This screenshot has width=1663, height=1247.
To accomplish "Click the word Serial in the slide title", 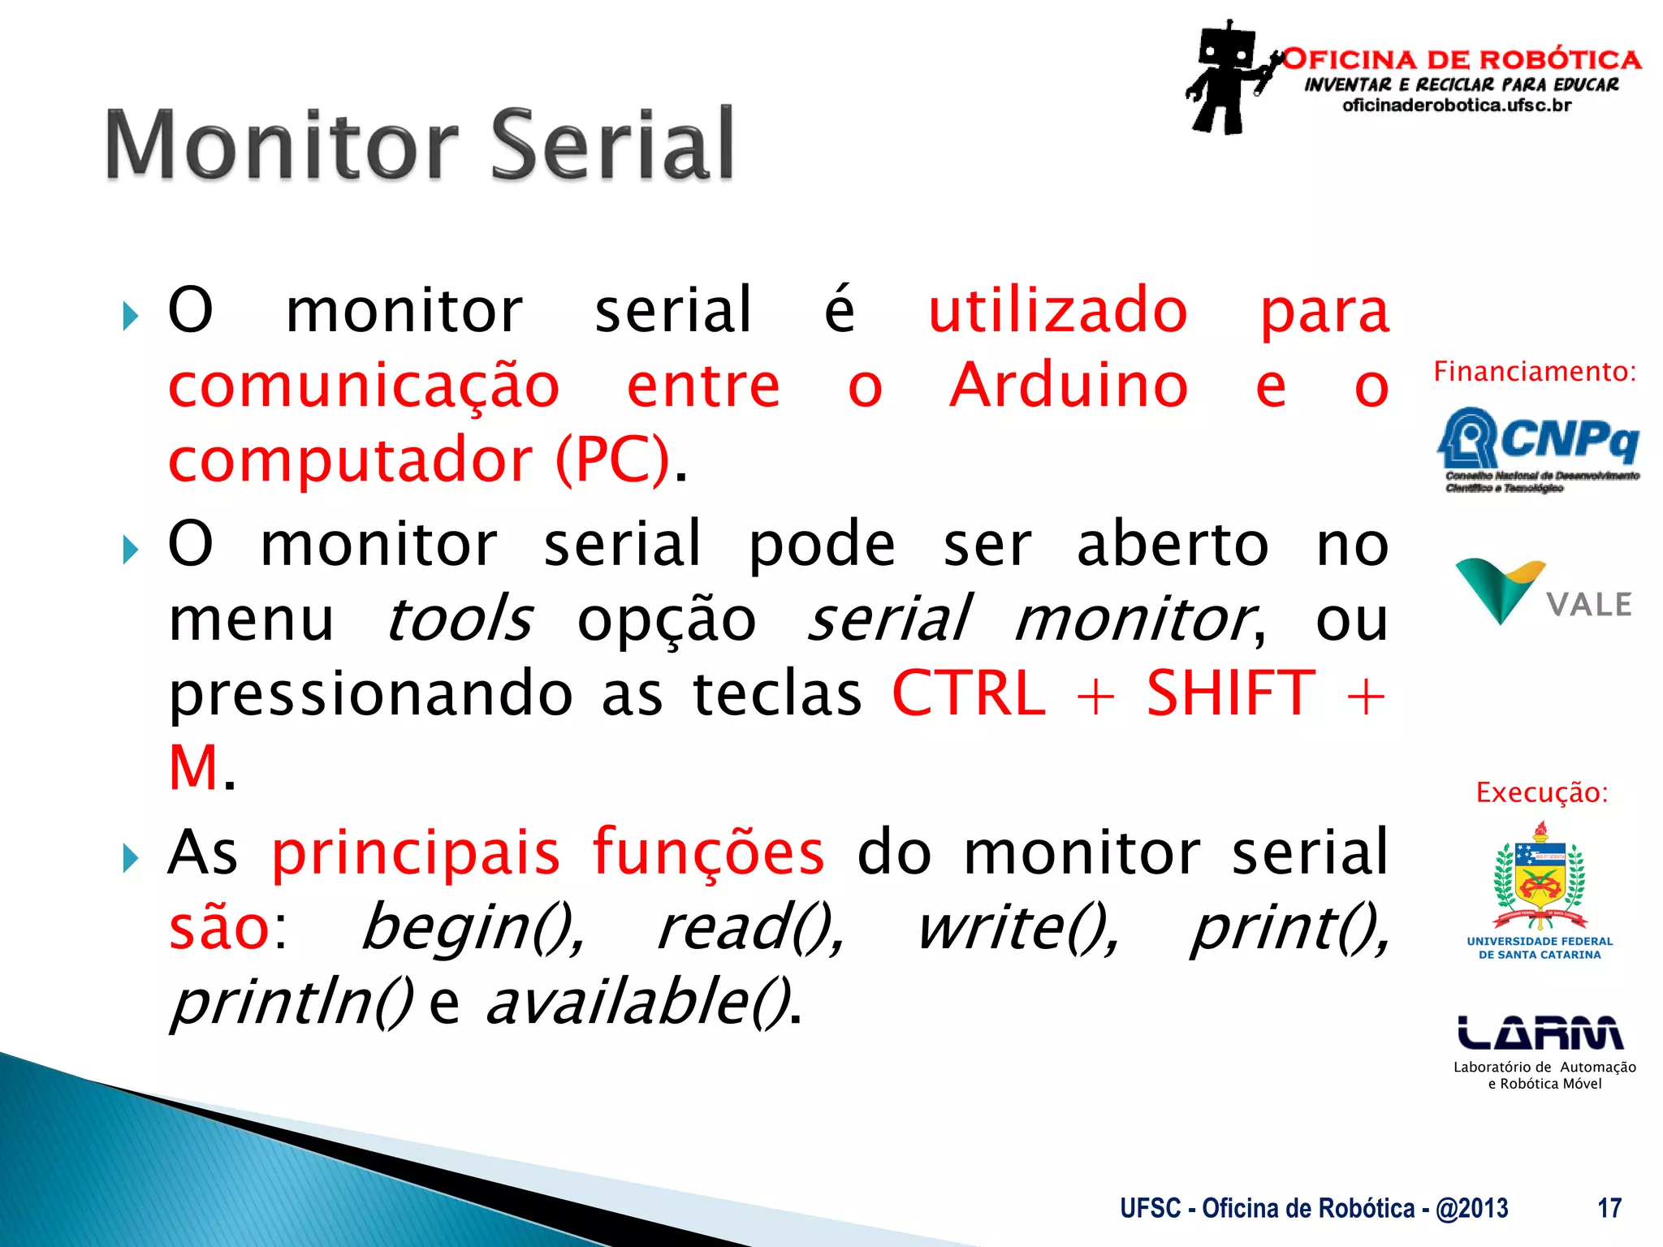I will click(613, 146).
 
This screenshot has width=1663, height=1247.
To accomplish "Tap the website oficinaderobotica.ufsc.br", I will click(1457, 106).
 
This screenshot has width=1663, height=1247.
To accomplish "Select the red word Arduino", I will click(1069, 386).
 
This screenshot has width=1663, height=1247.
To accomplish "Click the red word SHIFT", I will click(1230, 694).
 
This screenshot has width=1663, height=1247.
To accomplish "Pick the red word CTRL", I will click(969, 694).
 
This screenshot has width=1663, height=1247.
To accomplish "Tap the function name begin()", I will click(472, 928).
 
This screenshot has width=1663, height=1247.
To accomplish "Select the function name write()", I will click(1017, 928).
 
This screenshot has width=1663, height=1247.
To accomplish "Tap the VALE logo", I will click(1542, 593).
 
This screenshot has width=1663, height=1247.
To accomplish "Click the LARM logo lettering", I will click(1540, 1033).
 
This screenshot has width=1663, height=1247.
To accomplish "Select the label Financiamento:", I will click(1535, 372).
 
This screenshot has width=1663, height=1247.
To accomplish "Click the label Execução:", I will click(1541, 792).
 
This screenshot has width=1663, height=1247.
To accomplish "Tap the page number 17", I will click(1609, 1208).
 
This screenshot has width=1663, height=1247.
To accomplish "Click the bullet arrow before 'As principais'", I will click(130, 858).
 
